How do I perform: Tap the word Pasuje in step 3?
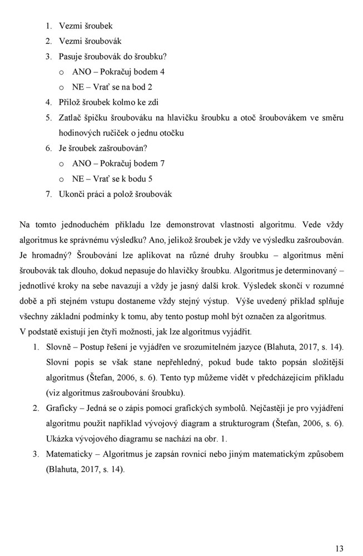click(x=70, y=57)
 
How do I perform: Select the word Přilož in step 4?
click(x=70, y=102)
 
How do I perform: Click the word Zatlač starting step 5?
click(x=71, y=118)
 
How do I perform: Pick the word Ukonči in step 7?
click(x=72, y=194)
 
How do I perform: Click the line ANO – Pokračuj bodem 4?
click(x=118, y=72)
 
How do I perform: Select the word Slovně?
click(x=59, y=347)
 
